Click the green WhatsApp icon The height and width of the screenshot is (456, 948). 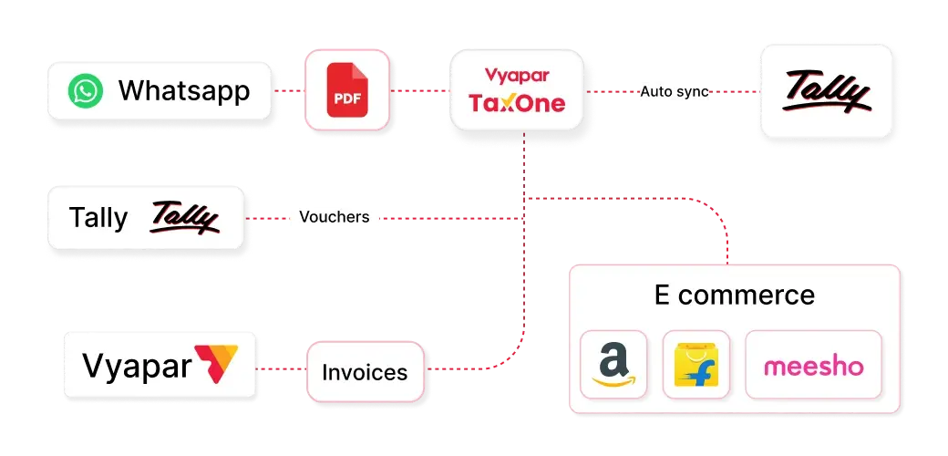(87, 91)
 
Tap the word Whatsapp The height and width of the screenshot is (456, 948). (184, 91)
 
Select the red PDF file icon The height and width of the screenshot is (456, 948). (345, 91)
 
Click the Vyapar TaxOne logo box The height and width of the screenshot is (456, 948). (517, 91)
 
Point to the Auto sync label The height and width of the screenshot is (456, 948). (675, 92)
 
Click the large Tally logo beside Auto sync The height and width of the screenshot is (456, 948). (827, 93)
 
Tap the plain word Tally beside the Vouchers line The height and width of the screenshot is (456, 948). (98, 219)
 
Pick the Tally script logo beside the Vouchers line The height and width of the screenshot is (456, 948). (185, 219)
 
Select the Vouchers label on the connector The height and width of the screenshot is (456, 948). (334, 218)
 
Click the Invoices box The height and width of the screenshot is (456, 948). (365, 372)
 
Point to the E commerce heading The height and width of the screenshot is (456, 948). (734, 295)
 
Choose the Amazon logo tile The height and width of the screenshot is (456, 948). (613, 365)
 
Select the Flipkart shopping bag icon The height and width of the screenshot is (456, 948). (696, 365)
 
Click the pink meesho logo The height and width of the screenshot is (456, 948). (813, 367)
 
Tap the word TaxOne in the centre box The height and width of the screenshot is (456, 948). (517, 102)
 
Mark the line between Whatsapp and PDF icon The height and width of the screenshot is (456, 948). (288, 92)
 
